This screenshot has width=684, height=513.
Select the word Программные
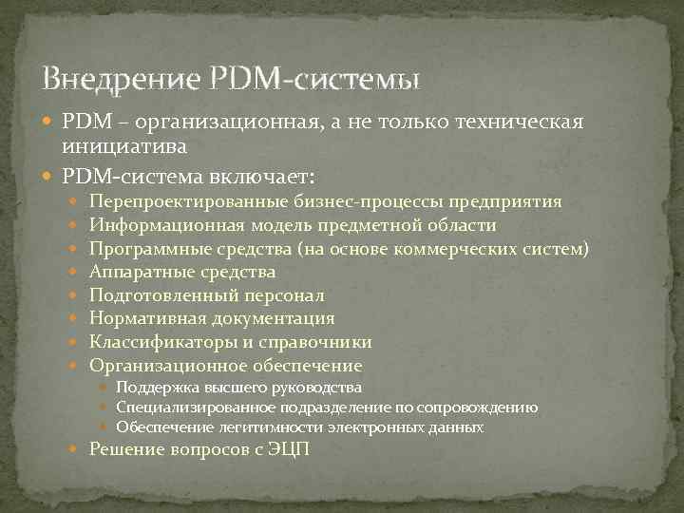tap(143, 249)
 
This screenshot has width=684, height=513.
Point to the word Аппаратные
tap(138, 273)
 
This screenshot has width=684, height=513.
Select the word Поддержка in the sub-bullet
tap(156, 388)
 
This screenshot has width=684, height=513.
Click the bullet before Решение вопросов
tap(78, 449)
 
